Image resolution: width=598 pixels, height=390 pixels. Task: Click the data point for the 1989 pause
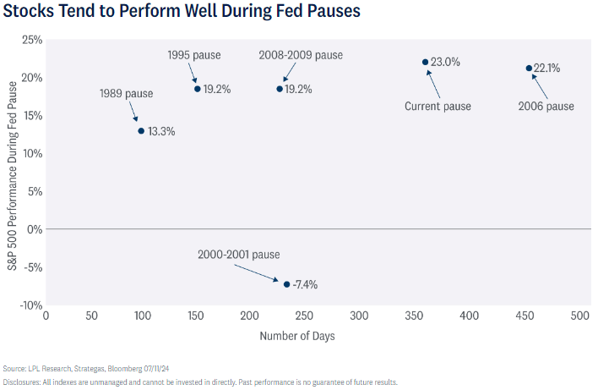(x=141, y=130)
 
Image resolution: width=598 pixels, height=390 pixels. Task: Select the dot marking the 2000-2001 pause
(x=287, y=284)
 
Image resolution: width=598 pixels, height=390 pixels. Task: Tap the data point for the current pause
(x=425, y=62)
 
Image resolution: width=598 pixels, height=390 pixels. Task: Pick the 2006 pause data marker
(x=529, y=68)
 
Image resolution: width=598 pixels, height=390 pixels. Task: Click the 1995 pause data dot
(x=198, y=88)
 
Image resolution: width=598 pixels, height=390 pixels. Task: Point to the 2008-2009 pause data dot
(x=280, y=88)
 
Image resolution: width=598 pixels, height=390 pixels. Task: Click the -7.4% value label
(x=305, y=284)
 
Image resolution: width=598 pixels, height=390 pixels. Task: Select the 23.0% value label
(x=445, y=62)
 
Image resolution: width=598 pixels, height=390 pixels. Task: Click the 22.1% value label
(x=547, y=68)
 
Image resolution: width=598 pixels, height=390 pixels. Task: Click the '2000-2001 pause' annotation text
(x=238, y=254)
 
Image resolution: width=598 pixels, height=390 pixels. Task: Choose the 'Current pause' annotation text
(x=438, y=106)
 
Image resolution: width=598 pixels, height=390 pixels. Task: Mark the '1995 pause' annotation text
(x=194, y=55)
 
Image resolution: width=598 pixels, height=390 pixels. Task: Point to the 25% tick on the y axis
(x=31, y=40)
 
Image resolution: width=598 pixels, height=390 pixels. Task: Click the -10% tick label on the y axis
(x=30, y=305)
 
